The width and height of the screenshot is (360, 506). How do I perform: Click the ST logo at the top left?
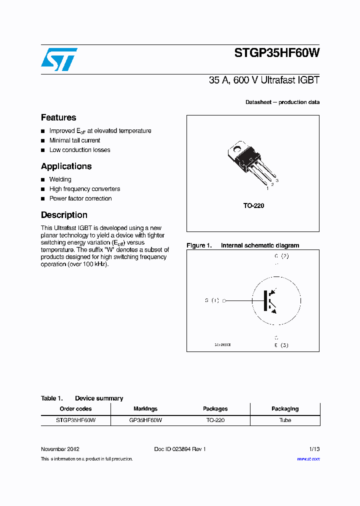[59, 59]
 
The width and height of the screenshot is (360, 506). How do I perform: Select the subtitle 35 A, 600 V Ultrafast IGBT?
[264, 80]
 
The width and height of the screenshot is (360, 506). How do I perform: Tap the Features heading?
[58, 117]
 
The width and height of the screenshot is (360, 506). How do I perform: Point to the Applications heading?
[66, 166]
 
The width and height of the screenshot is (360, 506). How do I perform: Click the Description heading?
[64, 215]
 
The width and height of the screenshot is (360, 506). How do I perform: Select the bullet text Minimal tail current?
[74, 140]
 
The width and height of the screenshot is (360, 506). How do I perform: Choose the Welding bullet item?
[60, 179]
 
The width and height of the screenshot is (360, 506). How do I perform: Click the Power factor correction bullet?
[80, 198]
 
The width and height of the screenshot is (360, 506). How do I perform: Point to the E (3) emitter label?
[281, 345]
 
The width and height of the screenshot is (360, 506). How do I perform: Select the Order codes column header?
[75, 408]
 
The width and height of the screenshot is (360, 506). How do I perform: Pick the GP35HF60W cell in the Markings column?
[145, 420]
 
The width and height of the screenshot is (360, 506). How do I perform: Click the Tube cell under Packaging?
[285, 420]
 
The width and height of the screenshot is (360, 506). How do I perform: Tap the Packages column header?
[215, 408]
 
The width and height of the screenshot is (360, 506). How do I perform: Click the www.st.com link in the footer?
[308, 458]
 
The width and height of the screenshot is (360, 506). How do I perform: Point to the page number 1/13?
[313, 449]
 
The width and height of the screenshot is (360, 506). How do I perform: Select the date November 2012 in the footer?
[60, 449]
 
